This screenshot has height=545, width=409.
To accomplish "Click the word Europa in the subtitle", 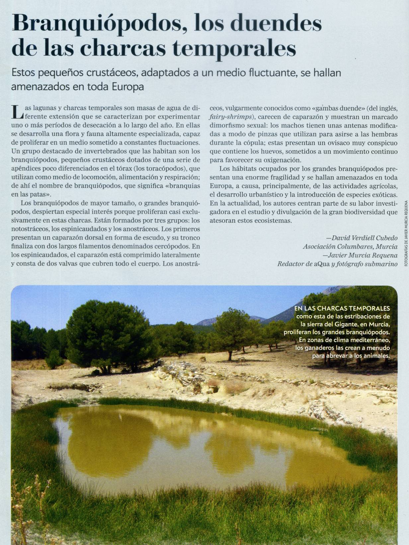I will click(128, 87).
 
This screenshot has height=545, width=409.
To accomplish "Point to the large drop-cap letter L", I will click(17, 112).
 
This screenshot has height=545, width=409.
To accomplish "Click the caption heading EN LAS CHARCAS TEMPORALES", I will click(342, 308).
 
